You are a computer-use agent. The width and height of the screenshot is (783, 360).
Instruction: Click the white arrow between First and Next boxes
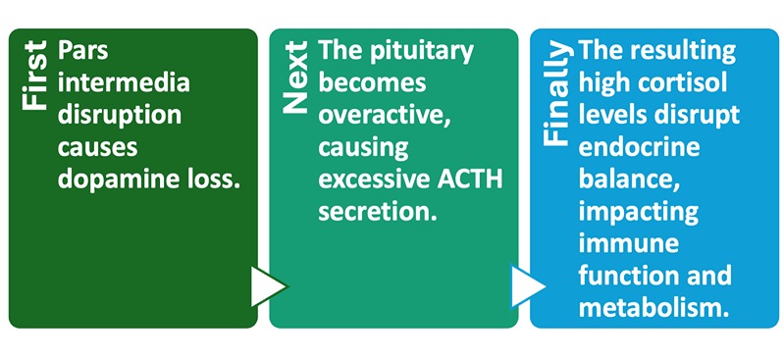pyautogui.click(x=267, y=286)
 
